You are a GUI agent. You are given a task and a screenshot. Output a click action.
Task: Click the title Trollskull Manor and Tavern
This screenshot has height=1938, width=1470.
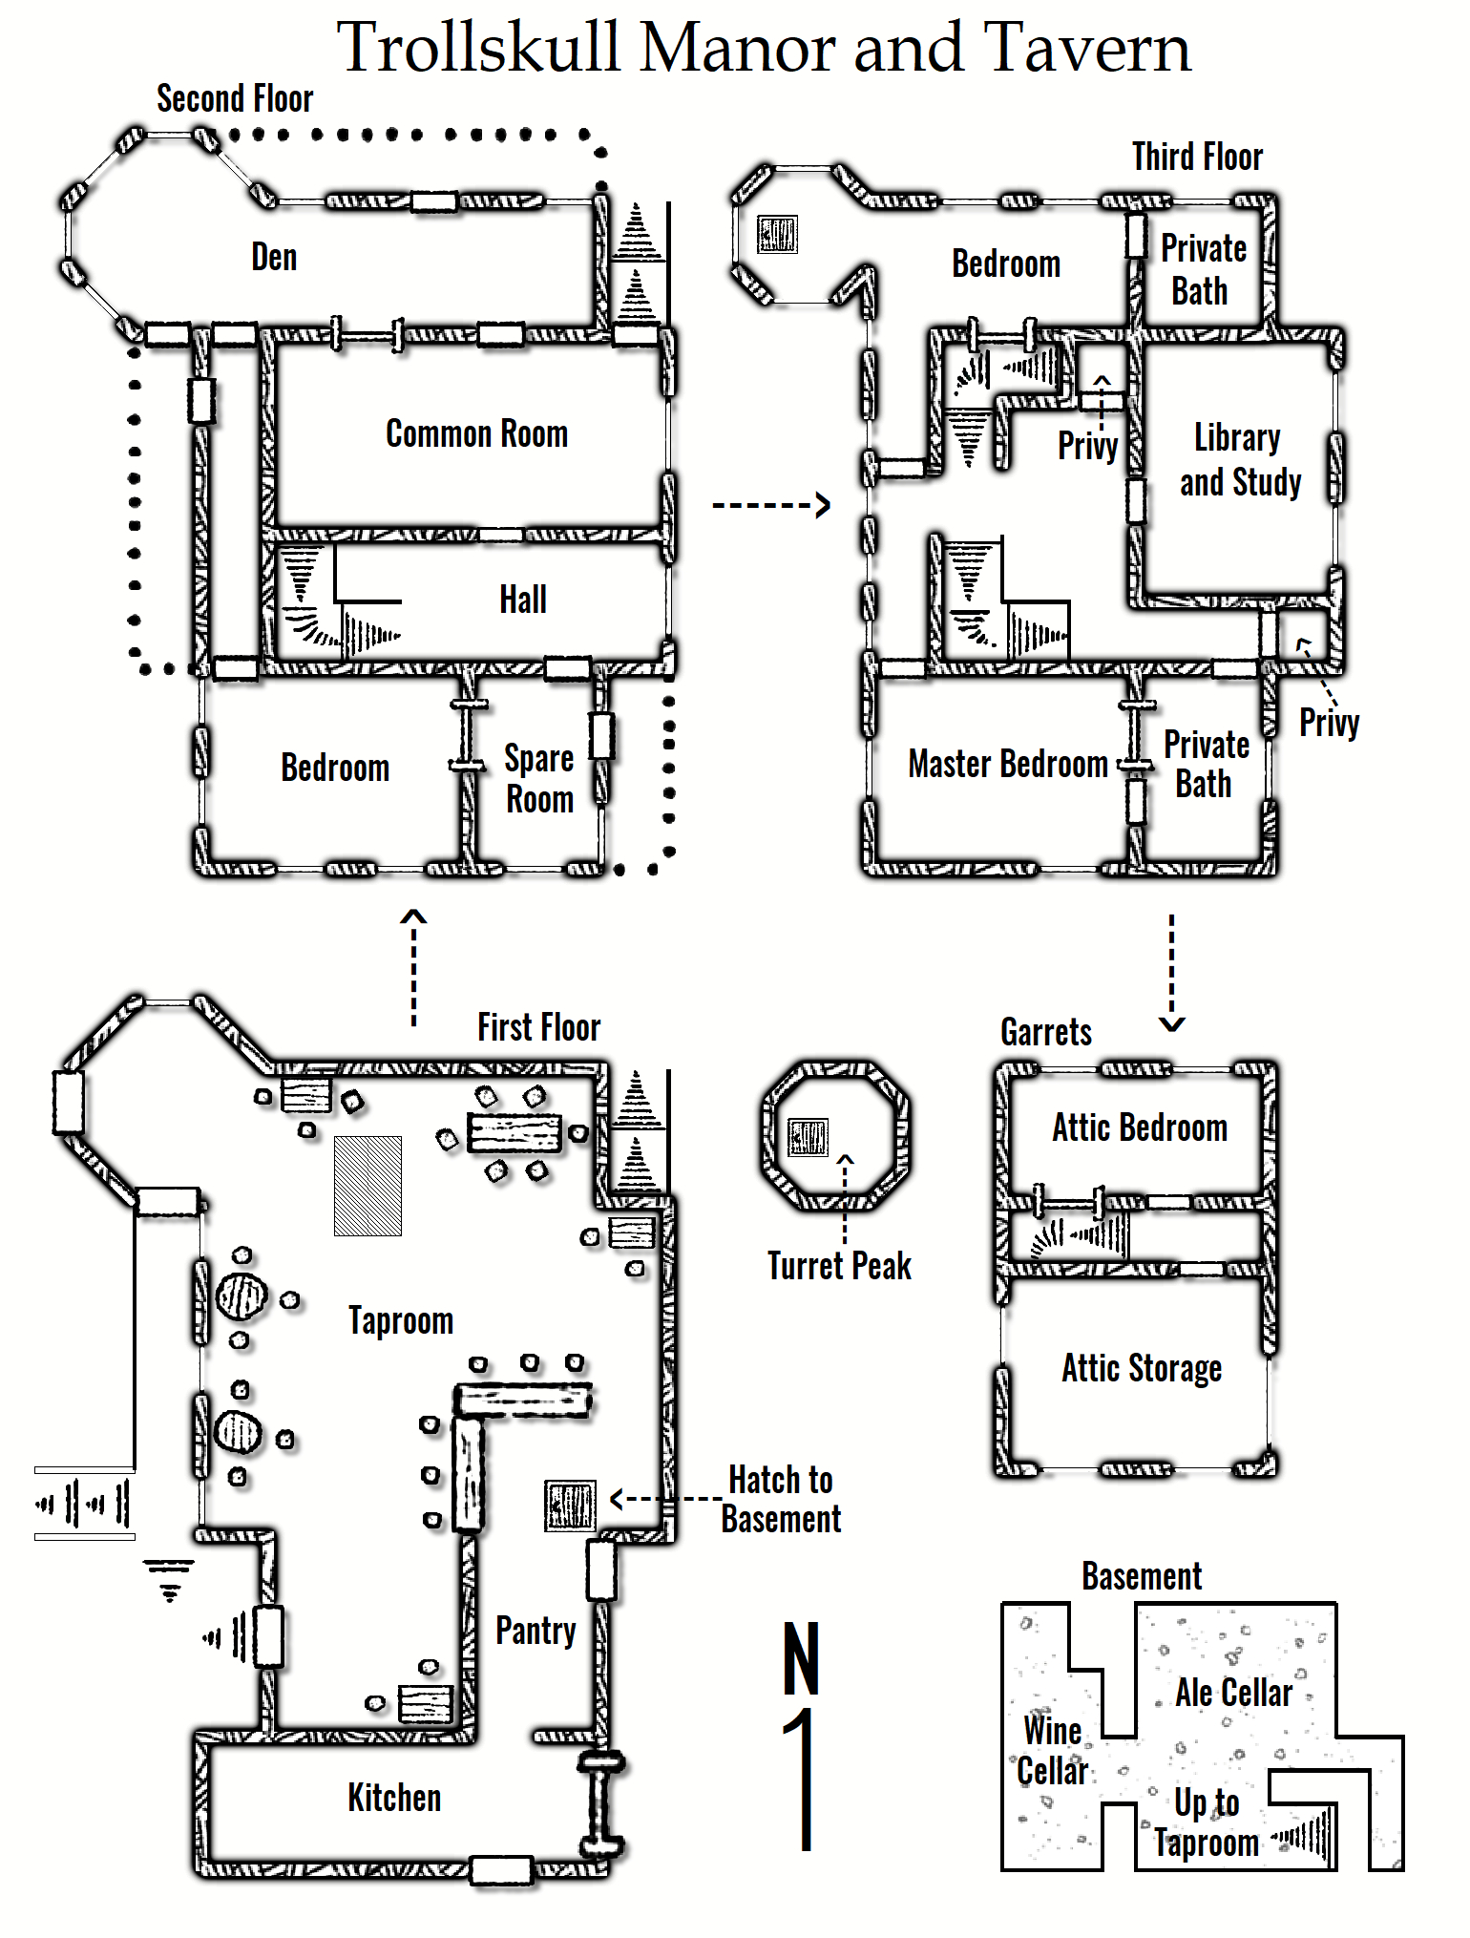[764, 48]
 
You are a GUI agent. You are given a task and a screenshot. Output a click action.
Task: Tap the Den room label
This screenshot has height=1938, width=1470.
[274, 258]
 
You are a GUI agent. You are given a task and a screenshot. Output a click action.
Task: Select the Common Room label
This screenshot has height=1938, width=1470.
[476, 434]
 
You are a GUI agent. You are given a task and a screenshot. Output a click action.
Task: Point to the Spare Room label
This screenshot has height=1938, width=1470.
[539, 779]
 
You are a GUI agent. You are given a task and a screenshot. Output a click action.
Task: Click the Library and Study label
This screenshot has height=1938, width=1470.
[1239, 460]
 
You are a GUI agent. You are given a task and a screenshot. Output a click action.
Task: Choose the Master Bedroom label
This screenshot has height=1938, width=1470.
[1008, 764]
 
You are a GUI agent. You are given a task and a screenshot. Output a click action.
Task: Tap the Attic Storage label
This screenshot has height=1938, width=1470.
[1142, 1368]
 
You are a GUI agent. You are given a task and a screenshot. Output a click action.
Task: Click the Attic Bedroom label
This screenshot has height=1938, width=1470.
[1140, 1127]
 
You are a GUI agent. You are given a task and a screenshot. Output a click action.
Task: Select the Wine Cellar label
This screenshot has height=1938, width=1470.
[1052, 1750]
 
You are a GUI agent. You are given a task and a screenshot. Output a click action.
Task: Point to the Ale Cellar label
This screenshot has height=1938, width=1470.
[1233, 1693]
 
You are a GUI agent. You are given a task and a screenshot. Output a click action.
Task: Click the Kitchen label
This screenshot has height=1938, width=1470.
[394, 1798]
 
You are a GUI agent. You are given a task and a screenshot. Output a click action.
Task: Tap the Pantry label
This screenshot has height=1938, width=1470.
[535, 1631]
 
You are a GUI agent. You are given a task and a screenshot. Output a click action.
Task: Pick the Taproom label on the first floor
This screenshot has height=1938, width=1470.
[401, 1320]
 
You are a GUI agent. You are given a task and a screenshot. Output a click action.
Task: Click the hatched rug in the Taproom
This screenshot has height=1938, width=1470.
[367, 1186]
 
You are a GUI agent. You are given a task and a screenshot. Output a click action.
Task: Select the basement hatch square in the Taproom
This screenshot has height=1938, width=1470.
[570, 1506]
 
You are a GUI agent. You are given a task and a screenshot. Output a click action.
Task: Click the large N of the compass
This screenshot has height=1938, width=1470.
[802, 1658]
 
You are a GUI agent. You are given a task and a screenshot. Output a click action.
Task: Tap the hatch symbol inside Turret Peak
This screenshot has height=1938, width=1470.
[808, 1137]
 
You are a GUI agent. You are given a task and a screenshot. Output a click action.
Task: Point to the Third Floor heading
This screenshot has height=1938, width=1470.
[1197, 157]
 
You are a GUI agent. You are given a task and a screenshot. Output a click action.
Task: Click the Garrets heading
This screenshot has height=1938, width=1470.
[1046, 1032]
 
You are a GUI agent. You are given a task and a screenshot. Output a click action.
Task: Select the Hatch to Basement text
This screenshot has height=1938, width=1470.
[781, 1499]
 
